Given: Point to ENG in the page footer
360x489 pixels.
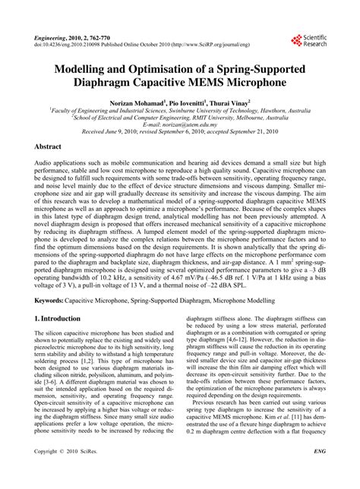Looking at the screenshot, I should click(x=319, y=472).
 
